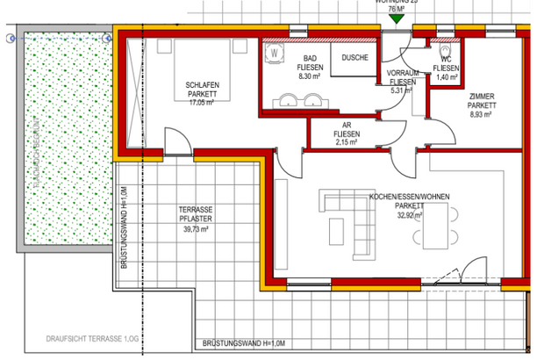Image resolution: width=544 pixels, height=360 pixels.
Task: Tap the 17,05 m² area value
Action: (201, 101)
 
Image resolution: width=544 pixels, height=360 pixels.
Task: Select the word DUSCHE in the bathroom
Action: (354, 58)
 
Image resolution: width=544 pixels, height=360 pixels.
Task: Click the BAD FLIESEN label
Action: (311, 63)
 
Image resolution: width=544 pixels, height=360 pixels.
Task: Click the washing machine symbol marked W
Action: (276, 53)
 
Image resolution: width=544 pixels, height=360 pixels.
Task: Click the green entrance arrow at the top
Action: (397, 18)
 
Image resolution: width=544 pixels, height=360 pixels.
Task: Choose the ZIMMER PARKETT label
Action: (481, 101)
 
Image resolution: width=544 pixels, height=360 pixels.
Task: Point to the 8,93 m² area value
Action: (481, 114)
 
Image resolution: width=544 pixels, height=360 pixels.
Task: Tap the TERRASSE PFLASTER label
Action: (193, 215)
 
